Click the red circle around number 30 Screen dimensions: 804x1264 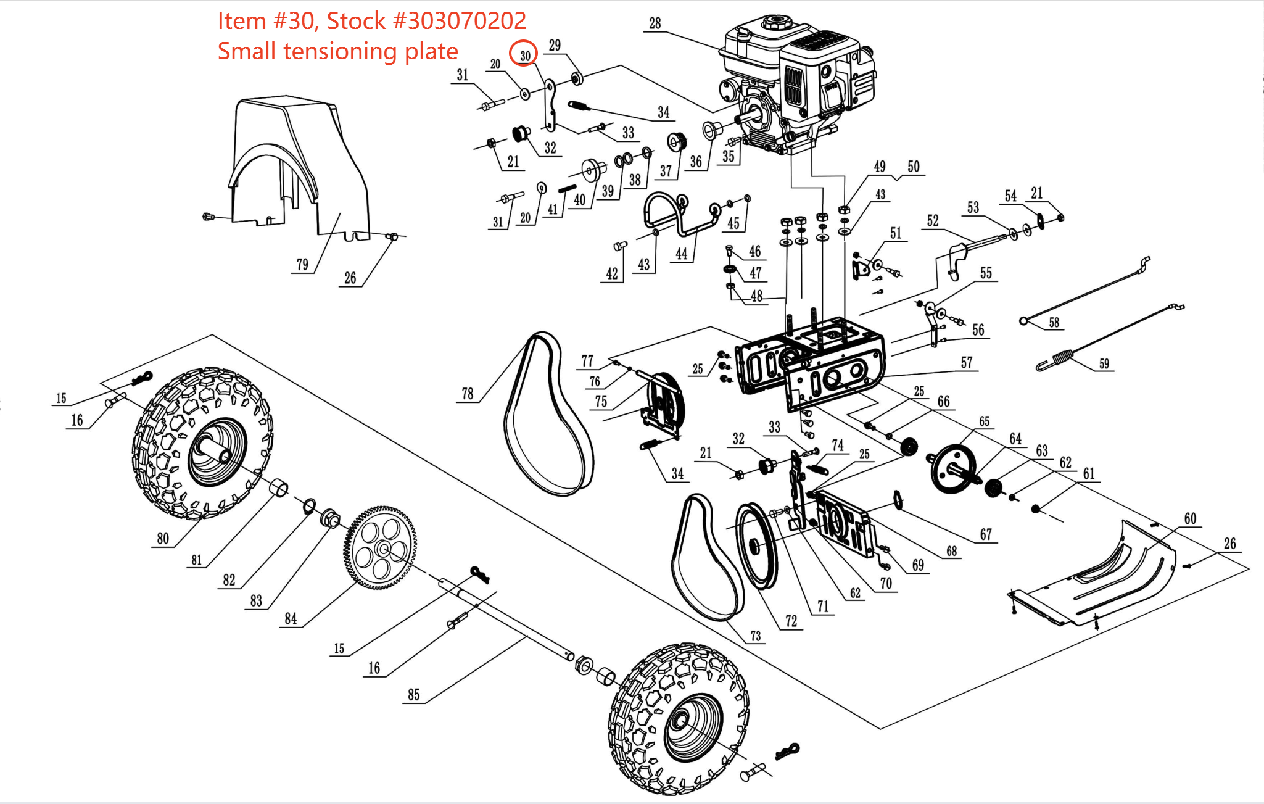tap(523, 54)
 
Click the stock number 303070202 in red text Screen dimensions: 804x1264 tap(466, 21)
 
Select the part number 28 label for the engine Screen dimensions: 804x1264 tap(655, 23)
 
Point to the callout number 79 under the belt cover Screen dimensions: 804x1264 tap(302, 265)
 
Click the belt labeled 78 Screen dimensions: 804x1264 tap(546, 413)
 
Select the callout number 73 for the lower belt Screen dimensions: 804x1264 tap(755, 636)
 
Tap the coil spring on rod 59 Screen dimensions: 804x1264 tap(1061, 356)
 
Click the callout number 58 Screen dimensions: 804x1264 tap(1054, 323)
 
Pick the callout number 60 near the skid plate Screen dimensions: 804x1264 tap(1190, 519)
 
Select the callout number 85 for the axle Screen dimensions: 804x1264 tap(413, 695)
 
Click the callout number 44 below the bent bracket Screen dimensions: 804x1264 tap(681, 254)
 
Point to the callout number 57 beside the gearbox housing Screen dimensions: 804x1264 tap(966, 363)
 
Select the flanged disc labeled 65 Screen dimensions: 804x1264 tap(953, 469)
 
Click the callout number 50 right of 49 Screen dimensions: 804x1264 tap(913, 167)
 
